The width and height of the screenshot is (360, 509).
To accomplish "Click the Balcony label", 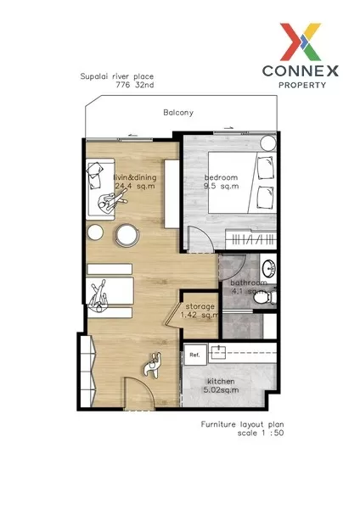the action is point(178,113).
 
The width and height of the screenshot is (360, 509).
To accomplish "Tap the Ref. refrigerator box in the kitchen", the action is point(195,355).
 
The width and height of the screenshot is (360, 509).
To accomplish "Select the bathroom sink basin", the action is point(268,268).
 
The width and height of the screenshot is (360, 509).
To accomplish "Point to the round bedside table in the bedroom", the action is point(268,143).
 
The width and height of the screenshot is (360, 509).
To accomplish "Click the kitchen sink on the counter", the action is point(219,352).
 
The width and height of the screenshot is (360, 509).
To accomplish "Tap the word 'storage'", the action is point(200,306).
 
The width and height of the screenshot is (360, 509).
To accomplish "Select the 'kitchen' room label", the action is point(221,382).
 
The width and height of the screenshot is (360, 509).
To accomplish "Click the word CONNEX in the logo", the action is point(301,71).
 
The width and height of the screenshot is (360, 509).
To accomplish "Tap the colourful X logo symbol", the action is point(301,42).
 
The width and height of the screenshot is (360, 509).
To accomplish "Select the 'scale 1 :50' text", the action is point(261,433).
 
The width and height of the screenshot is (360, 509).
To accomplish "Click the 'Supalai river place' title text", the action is point(117,76).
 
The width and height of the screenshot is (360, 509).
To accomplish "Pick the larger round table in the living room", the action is point(127,235).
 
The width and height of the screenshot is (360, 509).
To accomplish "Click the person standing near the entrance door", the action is point(153,365).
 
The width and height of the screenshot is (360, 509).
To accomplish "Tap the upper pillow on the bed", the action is point(265,167).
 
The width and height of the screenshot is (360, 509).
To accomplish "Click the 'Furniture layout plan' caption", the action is point(242,424).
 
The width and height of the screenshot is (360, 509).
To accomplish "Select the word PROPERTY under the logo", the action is point(302,86).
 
